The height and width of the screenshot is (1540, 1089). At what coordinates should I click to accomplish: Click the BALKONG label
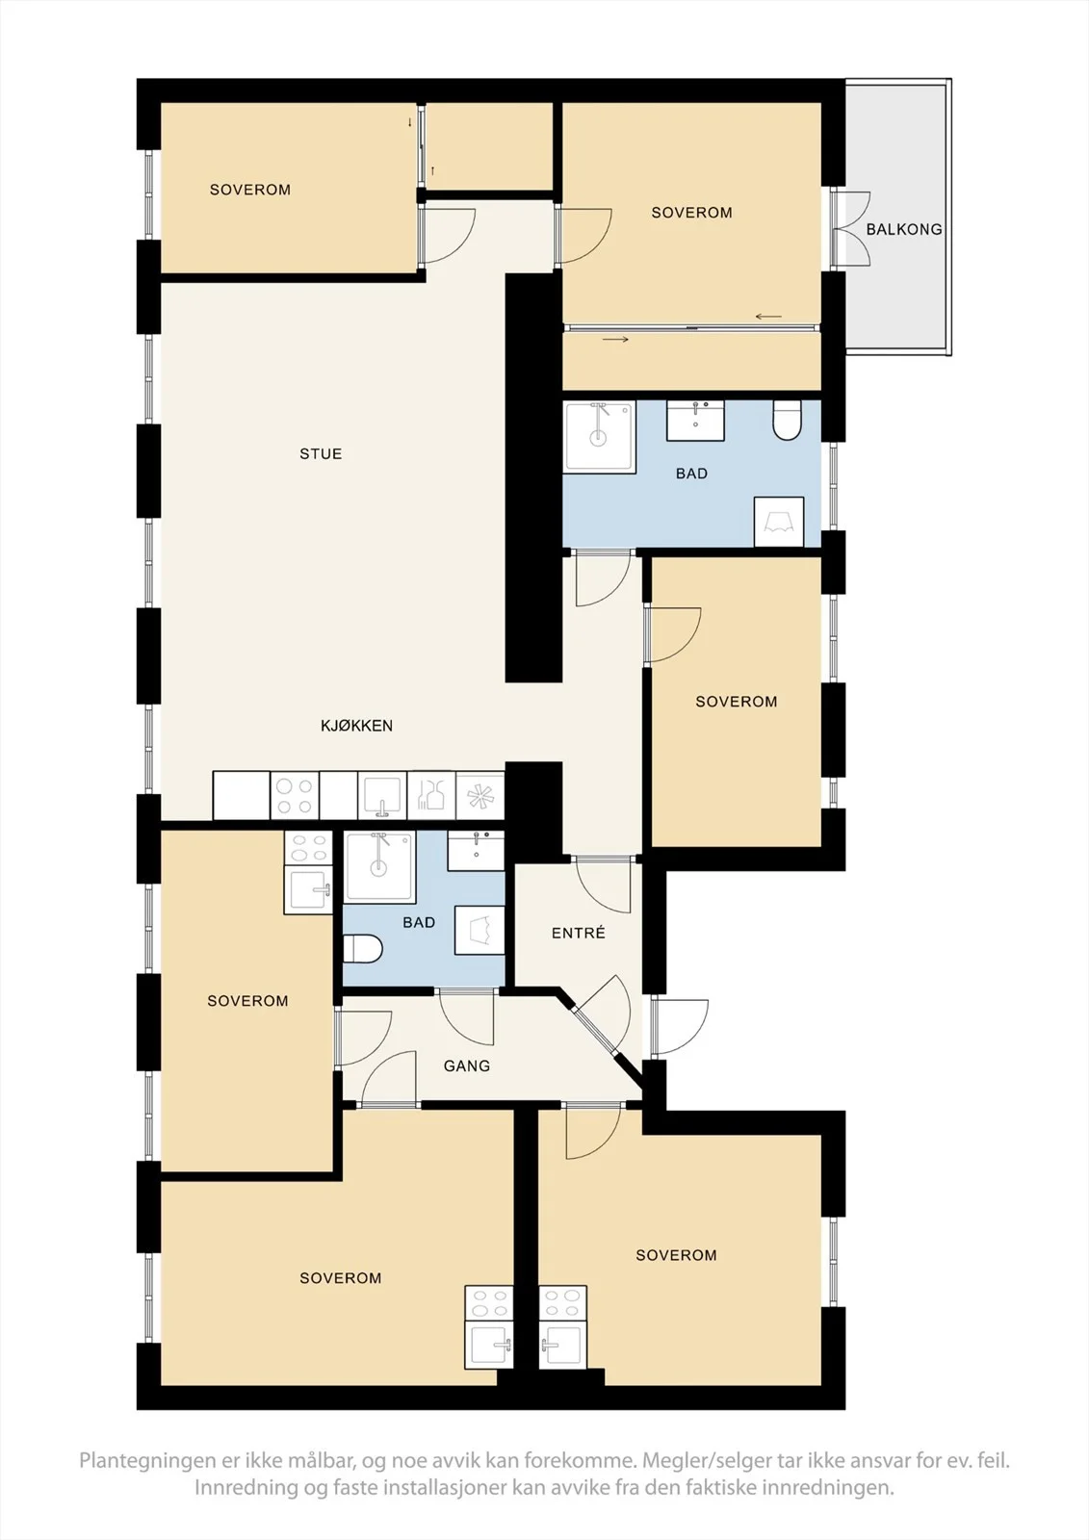(x=904, y=230)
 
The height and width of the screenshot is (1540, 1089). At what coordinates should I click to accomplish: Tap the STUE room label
(x=321, y=453)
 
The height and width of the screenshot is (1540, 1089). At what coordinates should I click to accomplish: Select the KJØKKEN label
(x=356, y=726)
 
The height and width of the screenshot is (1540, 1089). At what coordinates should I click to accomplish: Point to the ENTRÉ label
(x=579, y=933)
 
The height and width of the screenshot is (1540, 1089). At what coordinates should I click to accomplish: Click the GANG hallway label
(x=466, y=1065)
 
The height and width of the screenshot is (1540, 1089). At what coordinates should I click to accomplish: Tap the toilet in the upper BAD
(x=788, y=421)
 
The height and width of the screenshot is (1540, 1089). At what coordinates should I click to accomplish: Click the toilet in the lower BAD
(x=362, y=949)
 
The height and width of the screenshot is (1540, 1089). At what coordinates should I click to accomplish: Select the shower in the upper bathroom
(x=599, y=438)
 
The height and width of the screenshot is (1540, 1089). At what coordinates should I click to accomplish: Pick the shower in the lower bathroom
(x=379, y=867)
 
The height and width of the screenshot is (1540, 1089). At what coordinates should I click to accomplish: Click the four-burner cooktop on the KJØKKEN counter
(x=295, y=796)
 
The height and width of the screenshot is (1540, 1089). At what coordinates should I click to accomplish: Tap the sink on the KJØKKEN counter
(x=382, y=796)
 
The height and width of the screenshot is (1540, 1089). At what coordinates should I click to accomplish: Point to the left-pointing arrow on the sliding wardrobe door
(x=768, y=317)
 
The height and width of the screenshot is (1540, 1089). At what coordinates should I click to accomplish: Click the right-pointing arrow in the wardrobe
(x=615, y=340)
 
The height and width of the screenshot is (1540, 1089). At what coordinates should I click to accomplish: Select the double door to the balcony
(x=850, y=229)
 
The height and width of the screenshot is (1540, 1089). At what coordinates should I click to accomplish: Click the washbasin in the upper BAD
(x=695, y=421)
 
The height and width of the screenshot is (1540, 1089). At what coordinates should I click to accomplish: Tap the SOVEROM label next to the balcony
(x=691, y=213)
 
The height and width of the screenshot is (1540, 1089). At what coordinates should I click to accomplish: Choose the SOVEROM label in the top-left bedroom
(x=249, y=190)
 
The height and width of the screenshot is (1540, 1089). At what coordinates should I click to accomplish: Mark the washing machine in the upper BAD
(x=779, y=522)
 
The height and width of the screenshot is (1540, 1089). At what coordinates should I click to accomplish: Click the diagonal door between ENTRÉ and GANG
(x=600, y=1018)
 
